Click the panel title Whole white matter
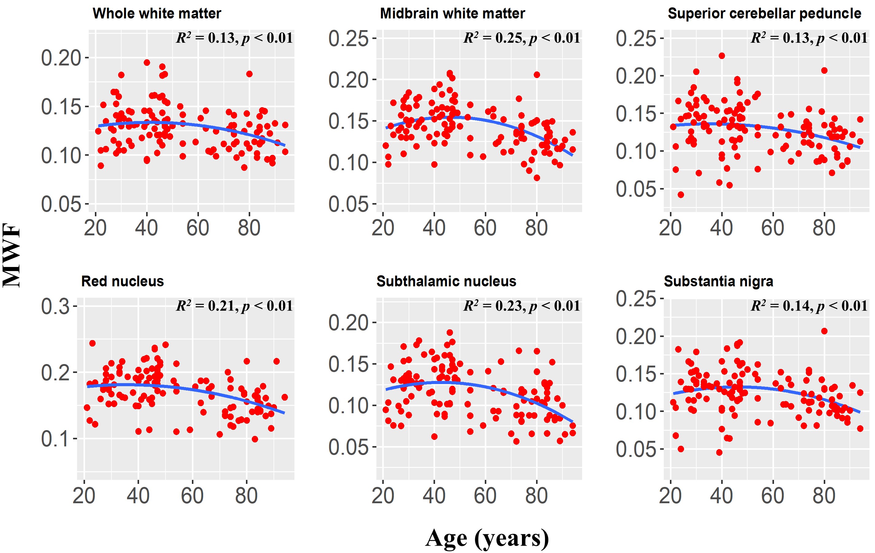click(157, 14)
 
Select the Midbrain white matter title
click(453, 14)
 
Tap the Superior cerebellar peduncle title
click(764, 14)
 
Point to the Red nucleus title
click(122, 281)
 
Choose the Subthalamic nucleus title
click(446, 281)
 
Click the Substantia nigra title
click(718, 281)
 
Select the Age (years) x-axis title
click(487, 539)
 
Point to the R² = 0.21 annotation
click(234, 306)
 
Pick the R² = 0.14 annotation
click(809, 306)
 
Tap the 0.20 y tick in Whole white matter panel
click(61, 58)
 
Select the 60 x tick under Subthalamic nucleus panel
click(485, 496)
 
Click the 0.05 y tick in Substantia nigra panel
click(636, 449)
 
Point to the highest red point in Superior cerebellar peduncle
click(722, 56)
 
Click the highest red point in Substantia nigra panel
click(824, 331)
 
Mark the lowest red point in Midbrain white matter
click(537, 178)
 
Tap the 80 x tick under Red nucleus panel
click(246, 496)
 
